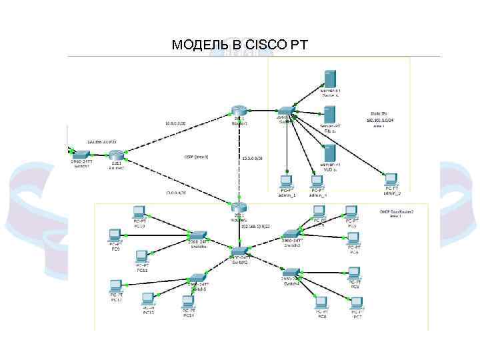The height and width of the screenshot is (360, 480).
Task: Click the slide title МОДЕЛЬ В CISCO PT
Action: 239,45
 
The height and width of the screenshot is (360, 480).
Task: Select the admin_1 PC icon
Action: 286,181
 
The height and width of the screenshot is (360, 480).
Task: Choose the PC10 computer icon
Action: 139,212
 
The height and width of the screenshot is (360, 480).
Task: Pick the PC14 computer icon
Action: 189,301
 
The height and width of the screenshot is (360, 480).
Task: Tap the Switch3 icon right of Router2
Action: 291,235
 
